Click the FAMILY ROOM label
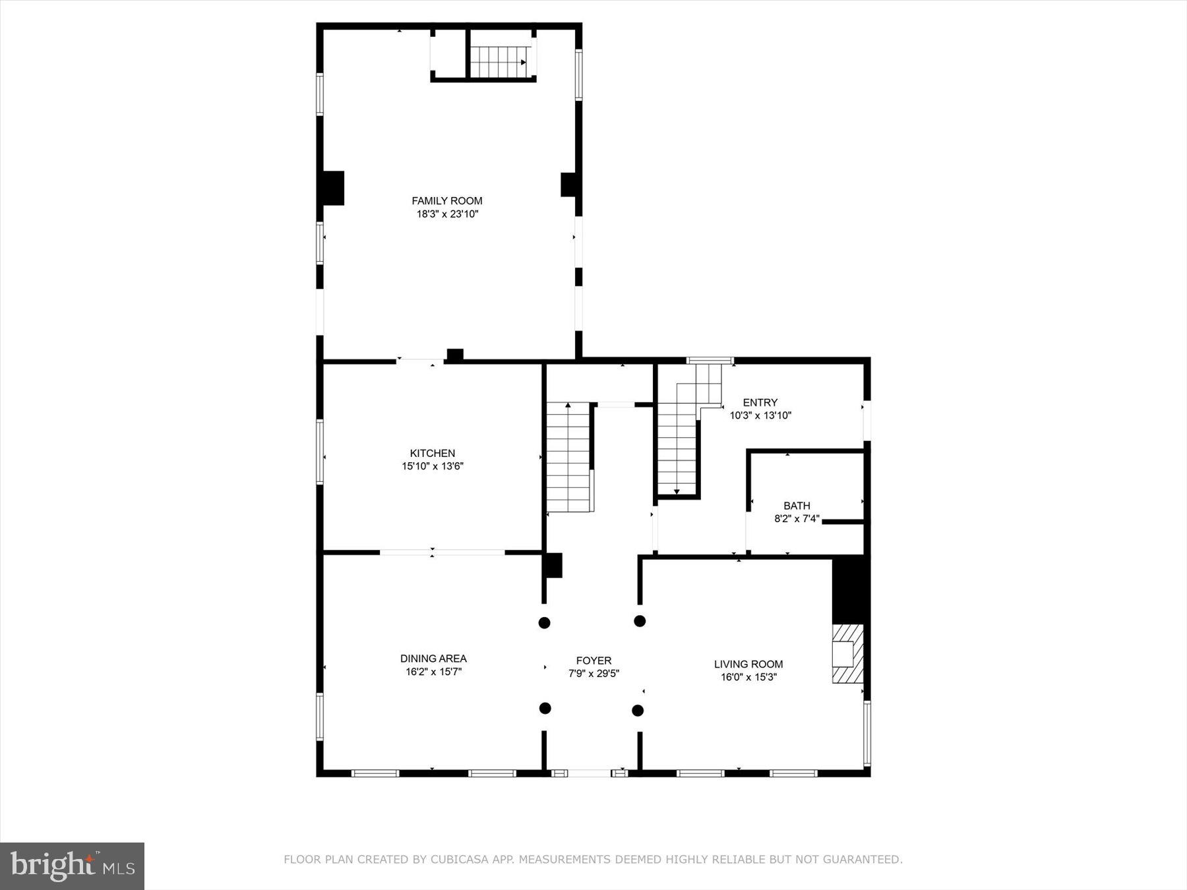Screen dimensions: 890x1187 click(446, 200)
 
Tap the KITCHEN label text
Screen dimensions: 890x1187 click(432, 453)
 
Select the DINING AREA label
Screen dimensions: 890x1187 click(433, 658)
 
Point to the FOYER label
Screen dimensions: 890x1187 click(593, 660)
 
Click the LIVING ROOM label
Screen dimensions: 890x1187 click(748, 664)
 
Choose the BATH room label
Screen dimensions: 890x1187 click(797, 506)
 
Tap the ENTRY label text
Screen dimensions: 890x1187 click(760, 402)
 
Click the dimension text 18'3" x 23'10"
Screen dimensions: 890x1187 click(446, 214)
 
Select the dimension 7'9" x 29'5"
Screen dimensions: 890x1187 click(593, 674)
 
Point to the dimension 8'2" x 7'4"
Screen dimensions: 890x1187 click(797, 519)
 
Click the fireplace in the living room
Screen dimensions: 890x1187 click(847, 653)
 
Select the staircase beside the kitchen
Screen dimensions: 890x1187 click(568, 458)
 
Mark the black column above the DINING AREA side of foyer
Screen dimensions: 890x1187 click(544, 622)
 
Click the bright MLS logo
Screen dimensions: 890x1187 click(72, 866)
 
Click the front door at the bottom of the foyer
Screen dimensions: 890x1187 click(590, 773)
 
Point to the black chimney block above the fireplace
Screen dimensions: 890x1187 click(851, 589)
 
